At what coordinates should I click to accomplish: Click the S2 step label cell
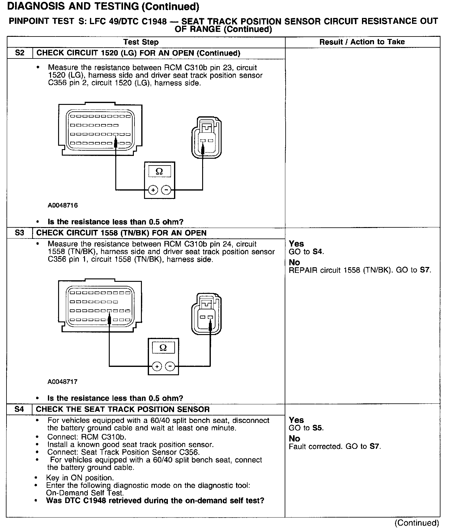(19, 53)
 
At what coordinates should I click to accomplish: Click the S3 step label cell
(19, 233)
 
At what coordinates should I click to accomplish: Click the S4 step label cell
(19, 409)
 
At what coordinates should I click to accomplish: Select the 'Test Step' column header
(141, 42)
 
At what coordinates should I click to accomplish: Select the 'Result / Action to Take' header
(362, 42)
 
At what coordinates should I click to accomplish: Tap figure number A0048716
(62, 205)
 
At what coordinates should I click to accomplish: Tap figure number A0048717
(62, 382)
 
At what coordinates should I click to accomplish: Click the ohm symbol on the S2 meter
(159, 171)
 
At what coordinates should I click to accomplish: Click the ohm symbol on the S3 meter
(163, 348)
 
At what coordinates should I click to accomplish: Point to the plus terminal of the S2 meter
(153, 190)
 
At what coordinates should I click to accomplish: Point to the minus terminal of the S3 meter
(170, 367)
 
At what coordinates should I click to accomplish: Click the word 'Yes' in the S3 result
(296, 244)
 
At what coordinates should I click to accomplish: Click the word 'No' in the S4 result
(294, 439)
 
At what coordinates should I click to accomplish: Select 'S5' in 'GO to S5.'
(318, 428)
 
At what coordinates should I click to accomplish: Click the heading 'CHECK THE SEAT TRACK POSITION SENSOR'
(123, 409)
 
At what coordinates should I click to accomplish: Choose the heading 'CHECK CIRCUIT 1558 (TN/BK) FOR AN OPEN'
(121, 233)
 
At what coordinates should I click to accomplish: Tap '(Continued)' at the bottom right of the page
(417, 523)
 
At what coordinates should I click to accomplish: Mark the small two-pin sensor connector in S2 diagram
(206, 137)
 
